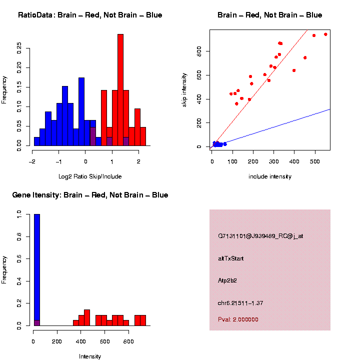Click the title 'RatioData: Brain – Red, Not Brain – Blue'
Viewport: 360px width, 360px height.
coord(90,15)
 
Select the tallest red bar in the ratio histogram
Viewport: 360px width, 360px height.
coord(120,90)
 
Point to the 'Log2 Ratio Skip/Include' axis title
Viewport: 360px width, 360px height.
coord(90,176)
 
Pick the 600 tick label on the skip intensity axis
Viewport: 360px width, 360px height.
coord(198,75)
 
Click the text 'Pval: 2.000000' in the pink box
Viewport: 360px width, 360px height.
coord(238,319)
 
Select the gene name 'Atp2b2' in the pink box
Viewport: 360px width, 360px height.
coord(227,280)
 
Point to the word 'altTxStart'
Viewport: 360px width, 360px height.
coord(231,258)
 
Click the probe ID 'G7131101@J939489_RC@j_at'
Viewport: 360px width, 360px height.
coord(260,236)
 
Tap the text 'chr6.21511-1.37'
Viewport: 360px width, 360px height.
coord(240,303)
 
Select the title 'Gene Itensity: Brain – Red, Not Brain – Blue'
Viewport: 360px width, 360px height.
coord(90,195)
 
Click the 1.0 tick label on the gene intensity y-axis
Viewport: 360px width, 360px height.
coord(19,214)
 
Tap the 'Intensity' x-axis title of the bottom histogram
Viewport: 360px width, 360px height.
coord(90,356)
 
